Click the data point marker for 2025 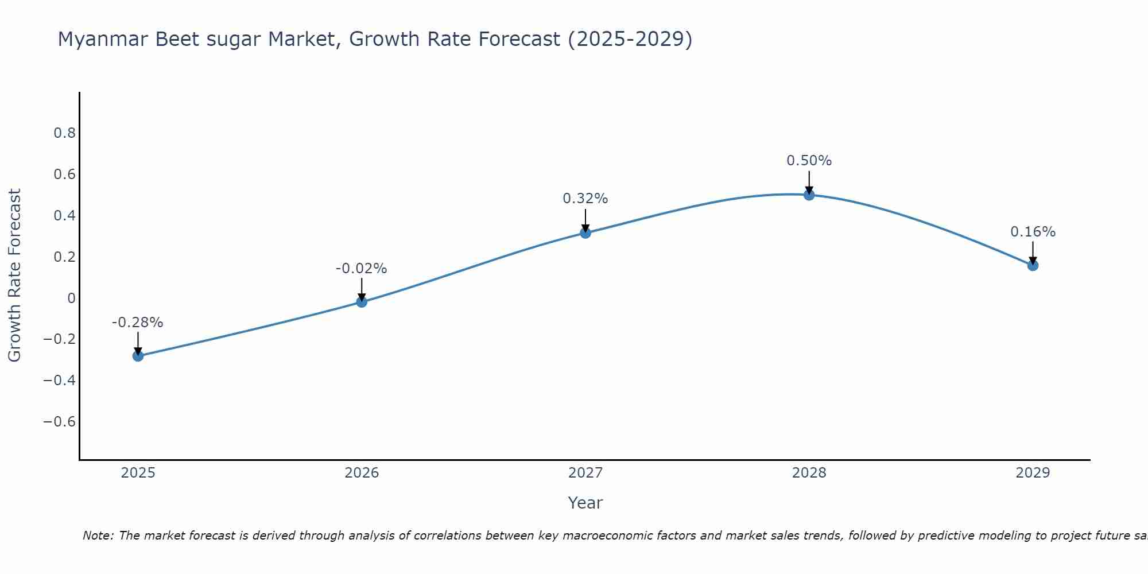tap(138, 356)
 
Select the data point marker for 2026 tap(362, 302)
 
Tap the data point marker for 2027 tap(585, 232)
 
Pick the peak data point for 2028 tap(809, 195)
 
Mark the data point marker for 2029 tap(1033, 265)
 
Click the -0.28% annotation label tap(138, 323)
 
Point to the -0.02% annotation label tap(362, 269)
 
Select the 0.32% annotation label tap(585, 199)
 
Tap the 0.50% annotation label tap(809, 161)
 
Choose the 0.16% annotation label tap(1033, 232)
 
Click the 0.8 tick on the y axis tap(65, 133)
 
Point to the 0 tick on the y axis tap(71, 298)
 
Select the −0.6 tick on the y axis tap(60, 422)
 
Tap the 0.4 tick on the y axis tap(65, 216)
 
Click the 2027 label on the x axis tap(585, 473)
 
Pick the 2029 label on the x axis tap(1033, 473)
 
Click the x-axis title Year tap(585, 503)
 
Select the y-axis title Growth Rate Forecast tap(14, 276)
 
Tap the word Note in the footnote tap(98, 536)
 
